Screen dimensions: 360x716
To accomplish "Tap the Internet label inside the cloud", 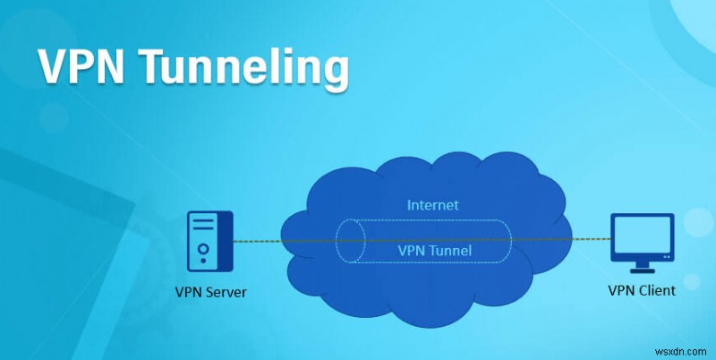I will (432, 205).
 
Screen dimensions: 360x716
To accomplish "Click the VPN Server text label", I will (212, 292).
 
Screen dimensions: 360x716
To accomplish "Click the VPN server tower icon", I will (209, 241).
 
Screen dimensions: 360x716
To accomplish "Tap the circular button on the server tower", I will (205, 248).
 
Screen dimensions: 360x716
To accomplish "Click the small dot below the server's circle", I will (205, 261).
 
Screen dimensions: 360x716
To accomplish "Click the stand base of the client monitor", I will (640, 267).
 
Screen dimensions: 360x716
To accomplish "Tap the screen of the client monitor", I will (640, 234).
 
